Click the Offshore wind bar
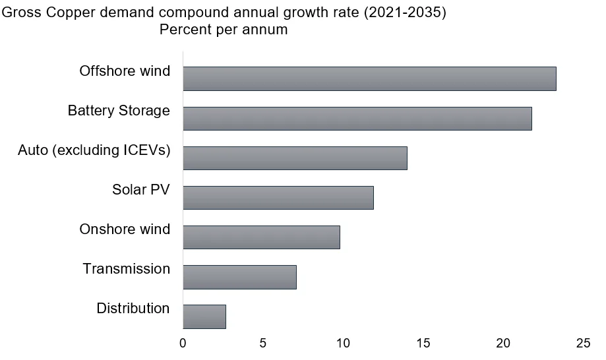point(369,78)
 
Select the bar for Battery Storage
point(357,118)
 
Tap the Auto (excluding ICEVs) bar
point(295,158)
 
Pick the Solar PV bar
point(278,197)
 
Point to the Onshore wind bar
point(261,237)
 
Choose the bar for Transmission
point(239,276)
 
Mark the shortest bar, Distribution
point(204,316)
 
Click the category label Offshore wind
point(125,71)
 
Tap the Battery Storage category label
point(119,111)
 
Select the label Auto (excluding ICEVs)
point(94,150)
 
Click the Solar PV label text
point(141,190)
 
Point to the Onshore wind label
point(125,229)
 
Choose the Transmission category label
point(127,269)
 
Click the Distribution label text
point(133,309)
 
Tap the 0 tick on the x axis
point(183,344)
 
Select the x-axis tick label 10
point(343,344)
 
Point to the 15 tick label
point(423,344)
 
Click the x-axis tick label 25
point(583,344)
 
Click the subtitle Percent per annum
point(224,31)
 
